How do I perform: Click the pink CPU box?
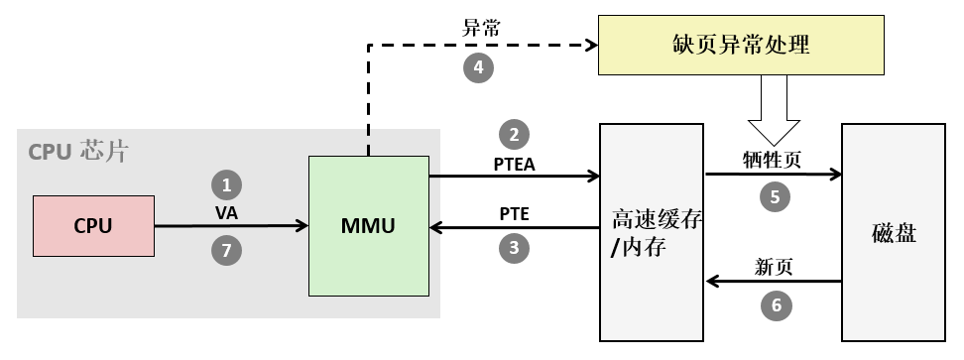[93, 225]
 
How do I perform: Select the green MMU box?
[369, 226]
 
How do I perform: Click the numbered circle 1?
[227, 185]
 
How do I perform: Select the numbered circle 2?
[514, 134]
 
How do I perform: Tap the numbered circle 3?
[514, 249]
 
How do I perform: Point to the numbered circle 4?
[479, 67]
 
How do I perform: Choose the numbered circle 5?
[776, 196]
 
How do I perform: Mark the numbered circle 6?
[776, 305]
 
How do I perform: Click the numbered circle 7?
[227, 251]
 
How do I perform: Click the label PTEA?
[515, 163]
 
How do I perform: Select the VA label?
[227, 212]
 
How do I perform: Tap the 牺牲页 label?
[774, 159]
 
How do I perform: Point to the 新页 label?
[775, 267]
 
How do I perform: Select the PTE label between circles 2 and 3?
[515, 214]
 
